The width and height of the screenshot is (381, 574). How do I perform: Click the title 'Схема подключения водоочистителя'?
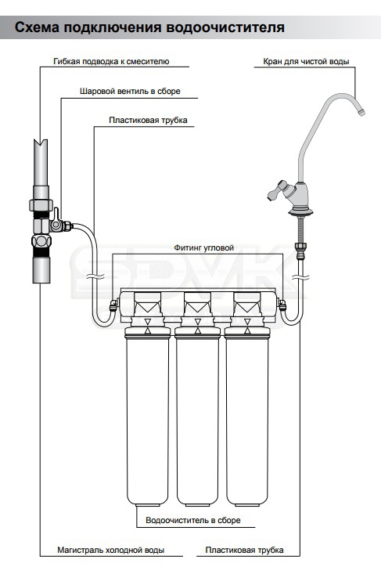tap(149, 27)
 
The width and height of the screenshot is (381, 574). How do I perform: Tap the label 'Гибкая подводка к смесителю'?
tap(111, 62)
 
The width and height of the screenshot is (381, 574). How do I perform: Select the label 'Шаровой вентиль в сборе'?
tap(130, 91)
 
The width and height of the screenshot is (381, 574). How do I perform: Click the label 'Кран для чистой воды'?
tap(306, 62)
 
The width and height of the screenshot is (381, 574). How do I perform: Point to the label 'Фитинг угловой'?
tap(203, 247)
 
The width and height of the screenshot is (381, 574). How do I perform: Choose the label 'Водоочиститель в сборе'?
tap(193, 520)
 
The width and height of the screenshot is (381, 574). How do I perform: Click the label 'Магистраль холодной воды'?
tap(111, 550)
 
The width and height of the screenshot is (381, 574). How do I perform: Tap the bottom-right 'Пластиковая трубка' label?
tap(244, 550)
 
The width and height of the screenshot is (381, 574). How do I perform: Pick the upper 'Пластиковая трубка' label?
tap(148, 121)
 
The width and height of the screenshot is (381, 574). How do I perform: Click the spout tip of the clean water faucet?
tap(361, 112)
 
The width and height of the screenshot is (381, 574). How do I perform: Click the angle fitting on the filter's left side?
tap(114, 305)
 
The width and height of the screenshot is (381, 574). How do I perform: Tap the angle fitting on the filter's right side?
tap(282, 305)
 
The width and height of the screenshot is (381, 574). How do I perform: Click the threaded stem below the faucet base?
tap(300, 229)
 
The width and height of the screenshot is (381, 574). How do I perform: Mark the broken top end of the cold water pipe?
tap(41, 142)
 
